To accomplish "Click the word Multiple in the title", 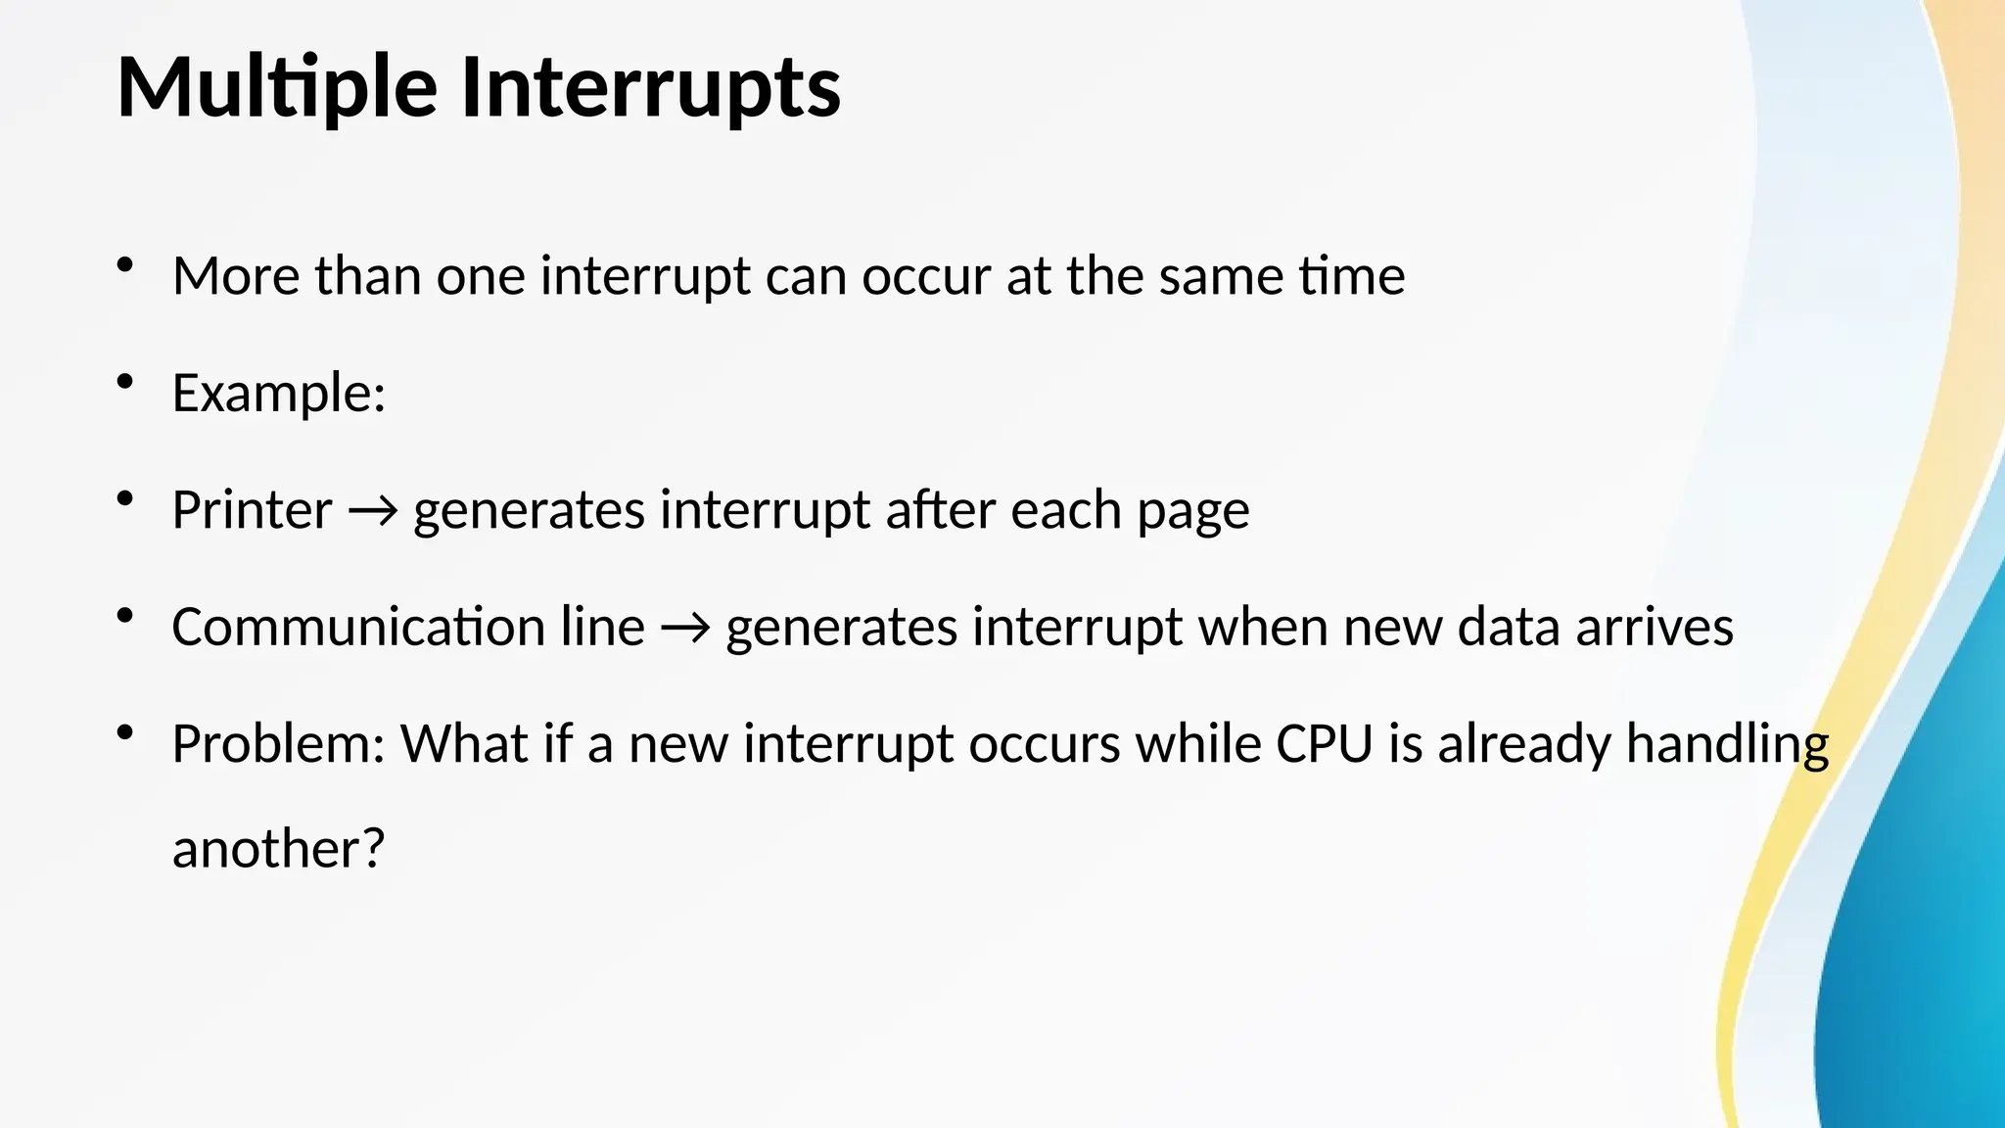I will (x=277, y=88).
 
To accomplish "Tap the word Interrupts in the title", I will (x=650, y=88).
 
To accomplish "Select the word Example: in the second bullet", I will (x=279, y=394).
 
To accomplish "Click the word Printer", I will (x=252, y=510).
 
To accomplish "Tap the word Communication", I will (x=358, y=627).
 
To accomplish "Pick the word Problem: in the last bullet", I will (x=278, y=744).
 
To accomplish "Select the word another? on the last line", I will (x=278, y=848).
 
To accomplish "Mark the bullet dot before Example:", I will (x=124, y=381).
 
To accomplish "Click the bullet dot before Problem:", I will (x=124, y=731).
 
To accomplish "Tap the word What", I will (x=464, y=744).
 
